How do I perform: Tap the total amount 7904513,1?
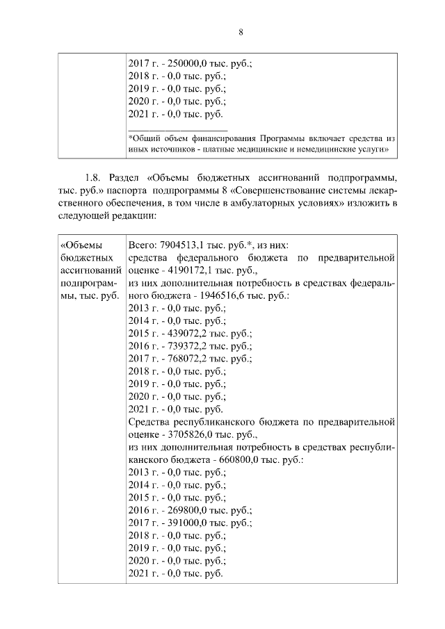pos(184,245)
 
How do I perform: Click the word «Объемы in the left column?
pos(82,245)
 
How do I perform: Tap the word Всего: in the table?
pos(143,245)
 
